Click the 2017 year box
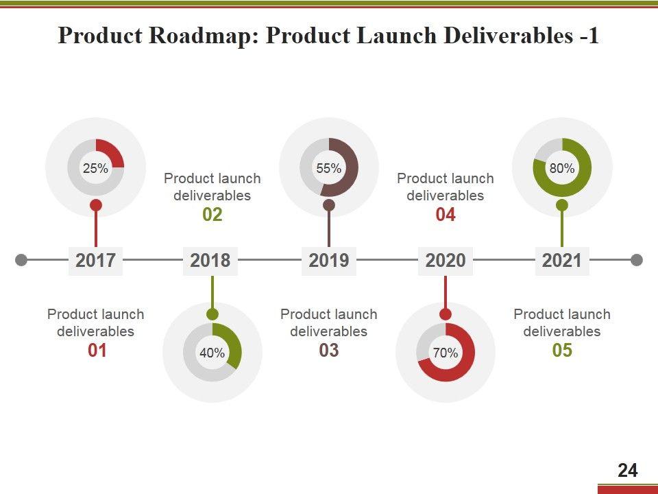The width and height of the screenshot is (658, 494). pyautogui.click(x=95, y=261)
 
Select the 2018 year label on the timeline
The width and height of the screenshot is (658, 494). pyautogui.click(x=210, y=261)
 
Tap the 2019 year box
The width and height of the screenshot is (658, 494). pyautogui.click(x=329, y=261)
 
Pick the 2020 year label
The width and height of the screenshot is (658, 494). pyautogui.click(x=446, y=261)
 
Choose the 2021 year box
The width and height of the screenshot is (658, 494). pyautogui.click(x=562, y=261)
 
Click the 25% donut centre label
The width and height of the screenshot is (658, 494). pyautogui.click(x=95, y=168)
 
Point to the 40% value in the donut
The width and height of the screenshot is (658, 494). pyautogui.click(x=212, y=353)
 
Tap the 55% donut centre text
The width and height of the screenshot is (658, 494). pyautogui.click(x=329, y=168)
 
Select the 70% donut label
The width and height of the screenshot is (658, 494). pyautogui.click(x=446, y=353)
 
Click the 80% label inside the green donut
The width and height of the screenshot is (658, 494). pyautogui.click(x=562, y=168)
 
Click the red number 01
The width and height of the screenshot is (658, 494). pyautogui.click(x=97, y=351)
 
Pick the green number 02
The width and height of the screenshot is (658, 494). pyautogui.click(x=212, y=215)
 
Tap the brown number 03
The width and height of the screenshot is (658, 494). pyautogui.click(x=329, y=351)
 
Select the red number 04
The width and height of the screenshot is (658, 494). pyautogui.click(x=446, y=215)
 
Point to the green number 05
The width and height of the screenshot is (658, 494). pyautogui.click(x=562, y=351)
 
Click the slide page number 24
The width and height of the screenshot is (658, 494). pyautogui.click(x=627, y=471)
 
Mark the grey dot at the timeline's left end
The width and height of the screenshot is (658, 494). pyautogui.click(x=21, y=260)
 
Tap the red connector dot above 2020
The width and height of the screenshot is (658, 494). pyautogui.click(x=446, y=314)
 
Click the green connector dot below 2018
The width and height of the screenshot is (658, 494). pyautogui.click(x=212, y=314)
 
